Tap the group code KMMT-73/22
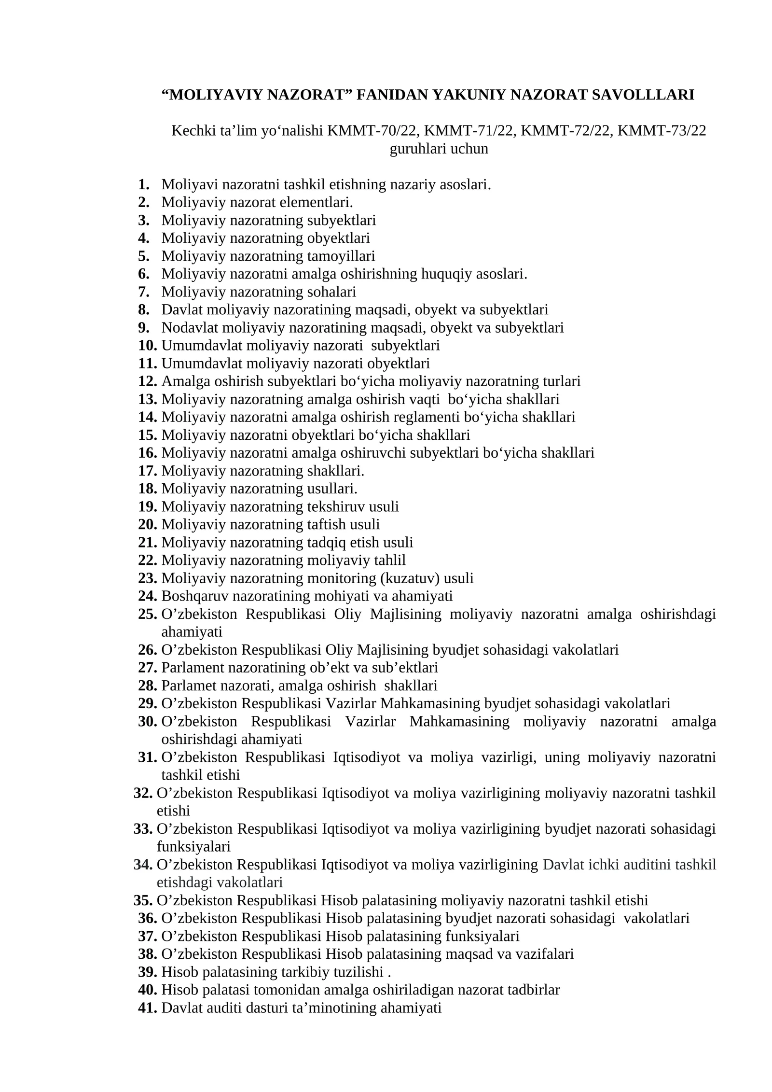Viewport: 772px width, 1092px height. point(662,131)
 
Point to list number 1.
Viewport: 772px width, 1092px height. point(143,184)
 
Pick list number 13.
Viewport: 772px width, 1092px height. point(148,399)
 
